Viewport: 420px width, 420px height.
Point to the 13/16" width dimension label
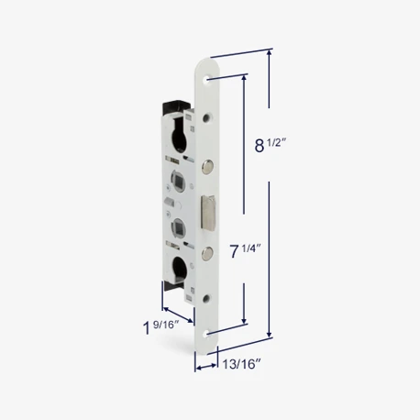pyautogui.click(x=241, y=364)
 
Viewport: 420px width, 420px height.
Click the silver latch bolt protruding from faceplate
pyautogui.click(x=208, y=211)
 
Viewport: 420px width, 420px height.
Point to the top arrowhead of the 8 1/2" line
pyautogui.click(x=270, y=52)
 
